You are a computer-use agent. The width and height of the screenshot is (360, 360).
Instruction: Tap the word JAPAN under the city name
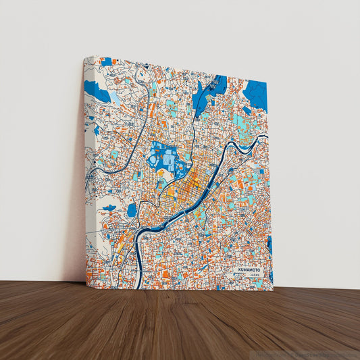tap(253, 276)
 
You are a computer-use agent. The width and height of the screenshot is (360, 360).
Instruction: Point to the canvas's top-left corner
tap(84, 58)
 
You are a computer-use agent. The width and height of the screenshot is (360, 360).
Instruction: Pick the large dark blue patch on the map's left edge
tap(98, 92)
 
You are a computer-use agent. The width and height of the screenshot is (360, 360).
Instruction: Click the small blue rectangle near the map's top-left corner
tap(107, 62)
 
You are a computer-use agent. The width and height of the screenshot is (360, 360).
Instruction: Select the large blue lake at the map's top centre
tap(211, 92)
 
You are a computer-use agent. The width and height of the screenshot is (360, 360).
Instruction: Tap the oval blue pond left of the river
tap(132, 210)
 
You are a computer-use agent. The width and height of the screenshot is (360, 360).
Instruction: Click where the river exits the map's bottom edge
tap(138, 286)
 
